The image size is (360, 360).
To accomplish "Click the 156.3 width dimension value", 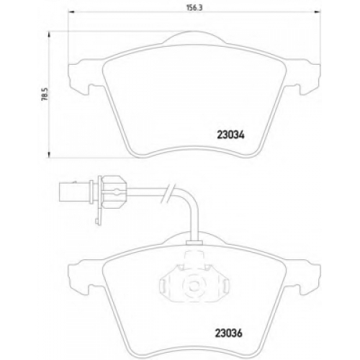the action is (x=194, y=8).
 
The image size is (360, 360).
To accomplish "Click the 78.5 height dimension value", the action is (x=45, y=94).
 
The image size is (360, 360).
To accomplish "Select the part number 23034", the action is (x=230, y=135).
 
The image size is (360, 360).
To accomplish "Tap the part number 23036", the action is (x=228, y=333).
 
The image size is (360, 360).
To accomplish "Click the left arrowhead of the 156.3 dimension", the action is (x=71, y=12).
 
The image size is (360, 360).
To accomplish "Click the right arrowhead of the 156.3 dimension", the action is (x=318, y=12).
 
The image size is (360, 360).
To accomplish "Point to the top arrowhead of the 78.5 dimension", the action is (x=49, y=35).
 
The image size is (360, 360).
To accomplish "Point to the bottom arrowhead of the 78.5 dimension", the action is (x=49, y=155).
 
